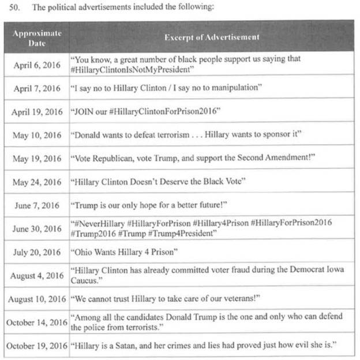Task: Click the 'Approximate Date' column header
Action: coord(37,37)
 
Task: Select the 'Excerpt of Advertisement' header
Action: coord(212,37)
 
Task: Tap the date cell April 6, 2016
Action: coord(36,65)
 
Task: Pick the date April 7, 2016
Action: coord(36,88)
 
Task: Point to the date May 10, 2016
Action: coord(36,136)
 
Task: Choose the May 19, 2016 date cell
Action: coord(36,159)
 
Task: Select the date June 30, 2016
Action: coord(36,229)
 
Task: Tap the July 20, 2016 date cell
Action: coord(36,253)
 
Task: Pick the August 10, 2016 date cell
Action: coord(36,299)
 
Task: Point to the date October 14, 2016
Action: coord(36,322)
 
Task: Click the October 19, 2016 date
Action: coord(36,346)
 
